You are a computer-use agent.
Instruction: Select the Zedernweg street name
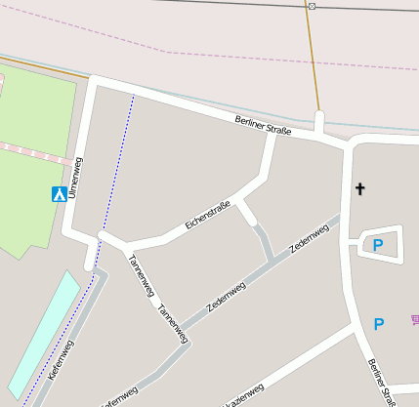pyautogui.click(x=309, y=239)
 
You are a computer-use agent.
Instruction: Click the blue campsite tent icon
pyautogui.click(x=60, y=193)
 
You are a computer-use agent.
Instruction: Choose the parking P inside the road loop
pyautogui.click(x=378, y=245)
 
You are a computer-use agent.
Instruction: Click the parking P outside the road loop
pyautogui.click(x=379, y=324)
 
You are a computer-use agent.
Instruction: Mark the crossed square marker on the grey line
pyautogui.click(x=312, y=6)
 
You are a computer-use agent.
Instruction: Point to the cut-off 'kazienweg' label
pyautogui.click(x=237, y=393)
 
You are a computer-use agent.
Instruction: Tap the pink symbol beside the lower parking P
pyautogui.click(x=414, y=318)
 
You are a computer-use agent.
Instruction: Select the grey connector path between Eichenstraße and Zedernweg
pyautogui.click(x=262, y=235)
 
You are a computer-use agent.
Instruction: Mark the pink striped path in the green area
pyautogui.click(x=34, y=150)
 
